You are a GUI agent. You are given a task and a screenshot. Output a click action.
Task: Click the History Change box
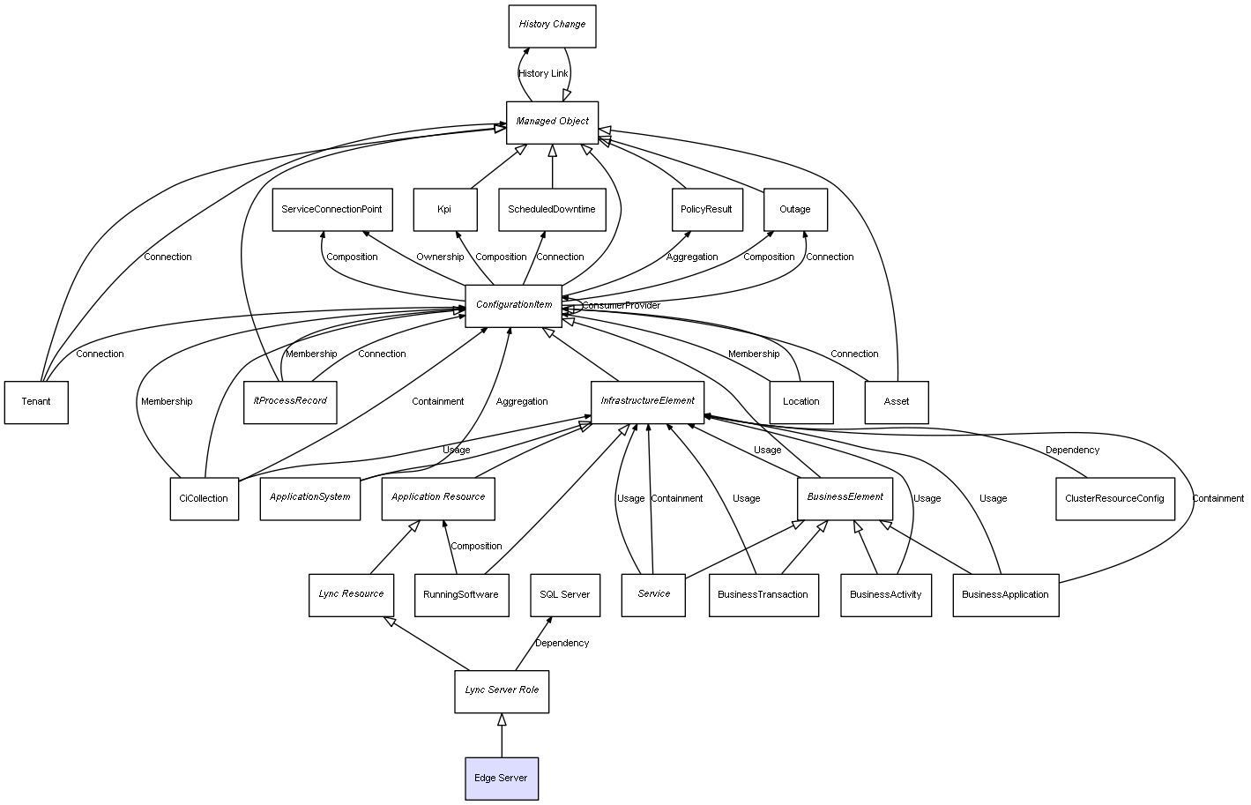[x=552, y=26]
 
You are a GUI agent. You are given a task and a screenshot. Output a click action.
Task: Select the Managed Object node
[x=552, y=123]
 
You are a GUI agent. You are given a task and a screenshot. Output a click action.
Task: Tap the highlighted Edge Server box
[x=502, y=779]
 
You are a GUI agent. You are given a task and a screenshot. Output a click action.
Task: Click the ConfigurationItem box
[x=513, y=306]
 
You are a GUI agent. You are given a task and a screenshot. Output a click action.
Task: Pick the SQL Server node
[x=564, y=595]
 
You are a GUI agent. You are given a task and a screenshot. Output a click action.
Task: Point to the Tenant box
[x=36, y=402]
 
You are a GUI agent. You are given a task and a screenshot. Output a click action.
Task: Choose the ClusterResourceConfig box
[x=1114, y=498]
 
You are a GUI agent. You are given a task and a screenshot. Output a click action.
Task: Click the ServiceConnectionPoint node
[x=332, y=210]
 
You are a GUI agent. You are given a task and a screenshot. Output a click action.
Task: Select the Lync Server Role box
[x=502, y=691]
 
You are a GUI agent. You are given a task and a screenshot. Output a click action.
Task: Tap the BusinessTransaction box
[x=763, y=595]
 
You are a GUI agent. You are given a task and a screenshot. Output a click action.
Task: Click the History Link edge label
[x=543, y=73]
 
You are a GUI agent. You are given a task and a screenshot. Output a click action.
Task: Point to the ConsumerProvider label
[x=621, y=306]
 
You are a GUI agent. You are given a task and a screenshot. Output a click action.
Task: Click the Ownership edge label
[x=440, y=257]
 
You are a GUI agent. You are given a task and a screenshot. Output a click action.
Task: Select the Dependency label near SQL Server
[x=562, y=643]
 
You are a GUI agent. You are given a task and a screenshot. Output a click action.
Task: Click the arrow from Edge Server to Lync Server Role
[x=502, y=735]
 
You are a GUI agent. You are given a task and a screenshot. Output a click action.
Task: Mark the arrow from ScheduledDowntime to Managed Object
[x=553, y=167]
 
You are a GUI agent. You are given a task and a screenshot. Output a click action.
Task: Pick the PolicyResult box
[x=707, y=210]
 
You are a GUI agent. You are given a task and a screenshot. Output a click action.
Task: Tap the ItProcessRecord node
[x=290, y=402]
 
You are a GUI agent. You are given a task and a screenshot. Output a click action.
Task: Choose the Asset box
[x=897, y=402]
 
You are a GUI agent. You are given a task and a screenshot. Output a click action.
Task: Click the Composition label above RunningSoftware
[x=476, y=547]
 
